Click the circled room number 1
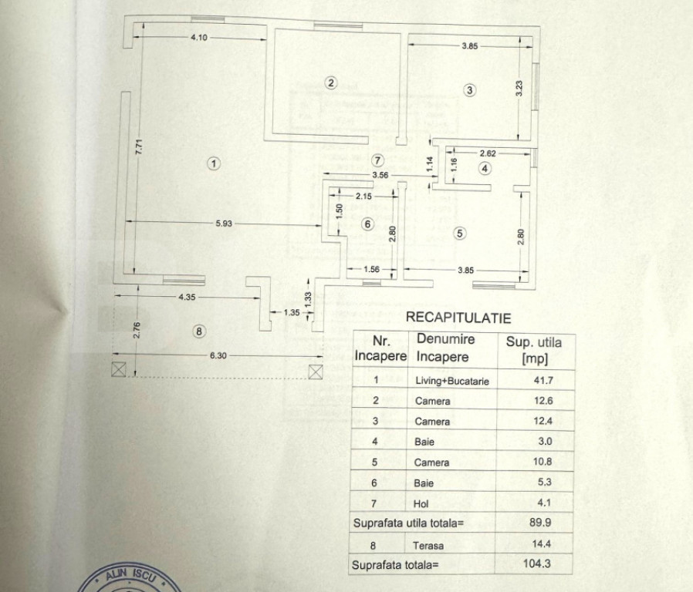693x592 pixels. coord(214,163)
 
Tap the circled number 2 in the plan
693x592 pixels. coord(330,83)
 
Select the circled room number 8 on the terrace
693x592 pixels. coord(199,331)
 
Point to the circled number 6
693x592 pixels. coord(367,224)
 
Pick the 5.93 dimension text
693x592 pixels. coord(225,223)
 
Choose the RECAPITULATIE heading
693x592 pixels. coord(458,316)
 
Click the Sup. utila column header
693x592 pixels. coord(533,349)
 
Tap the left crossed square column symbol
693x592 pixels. coord(118,368)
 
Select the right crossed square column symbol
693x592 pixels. coord(315,372)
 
